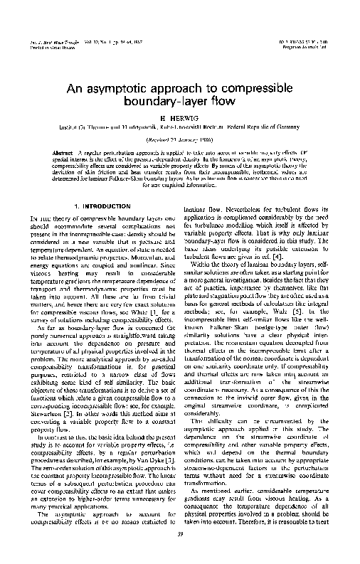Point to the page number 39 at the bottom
(x=179, y=534)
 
